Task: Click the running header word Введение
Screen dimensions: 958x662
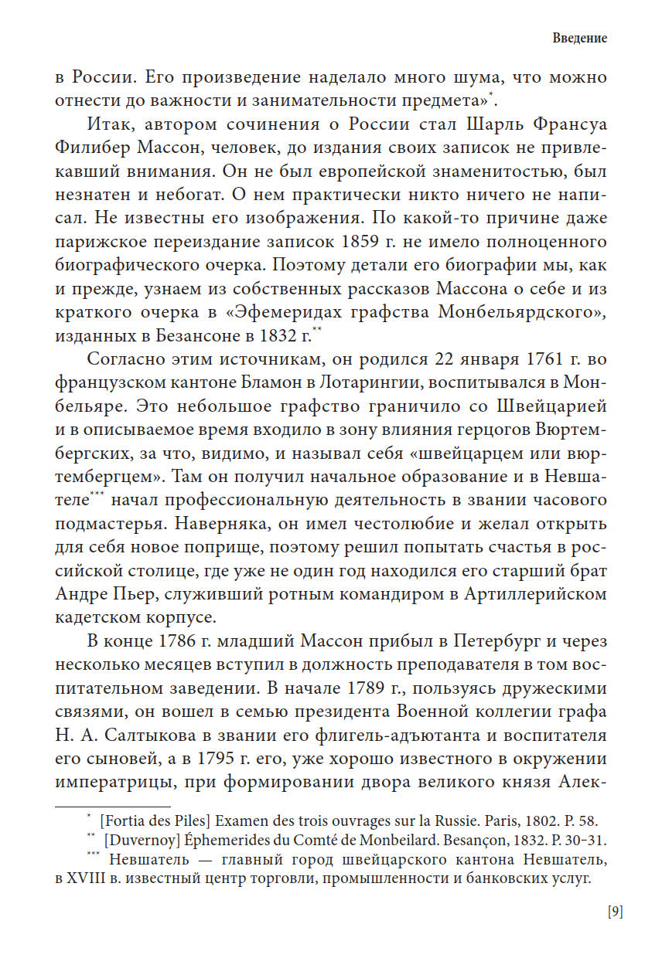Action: pyautogui.click(x=580, y=39)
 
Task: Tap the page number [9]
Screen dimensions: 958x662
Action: pyautogui.click(x=615, y=911)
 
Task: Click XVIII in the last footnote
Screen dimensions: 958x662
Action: pyautogui.click(x=87, y=878)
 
